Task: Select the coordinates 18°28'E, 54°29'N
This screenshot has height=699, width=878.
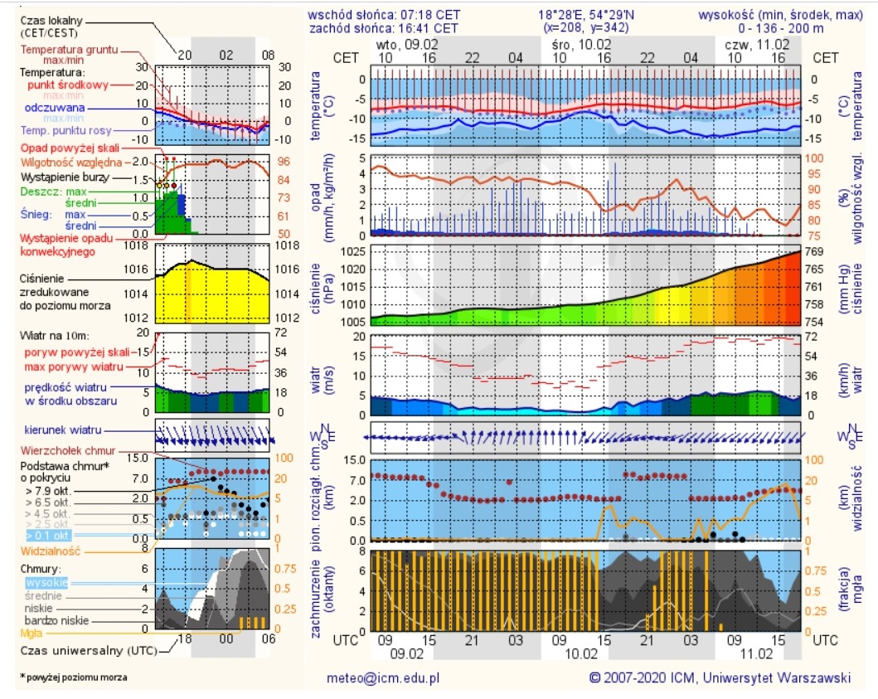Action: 583,14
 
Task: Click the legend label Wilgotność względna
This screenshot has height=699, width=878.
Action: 71,162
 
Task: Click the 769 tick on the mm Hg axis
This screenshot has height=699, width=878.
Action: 815,251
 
